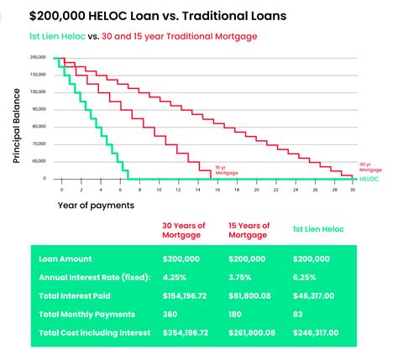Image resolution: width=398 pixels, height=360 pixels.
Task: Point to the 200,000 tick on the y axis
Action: [39, 57]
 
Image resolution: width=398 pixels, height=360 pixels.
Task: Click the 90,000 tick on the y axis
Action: [39, 109]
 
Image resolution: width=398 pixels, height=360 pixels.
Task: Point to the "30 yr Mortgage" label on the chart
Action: [364, 166]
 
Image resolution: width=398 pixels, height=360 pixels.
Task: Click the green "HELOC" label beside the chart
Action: [369, 179]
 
